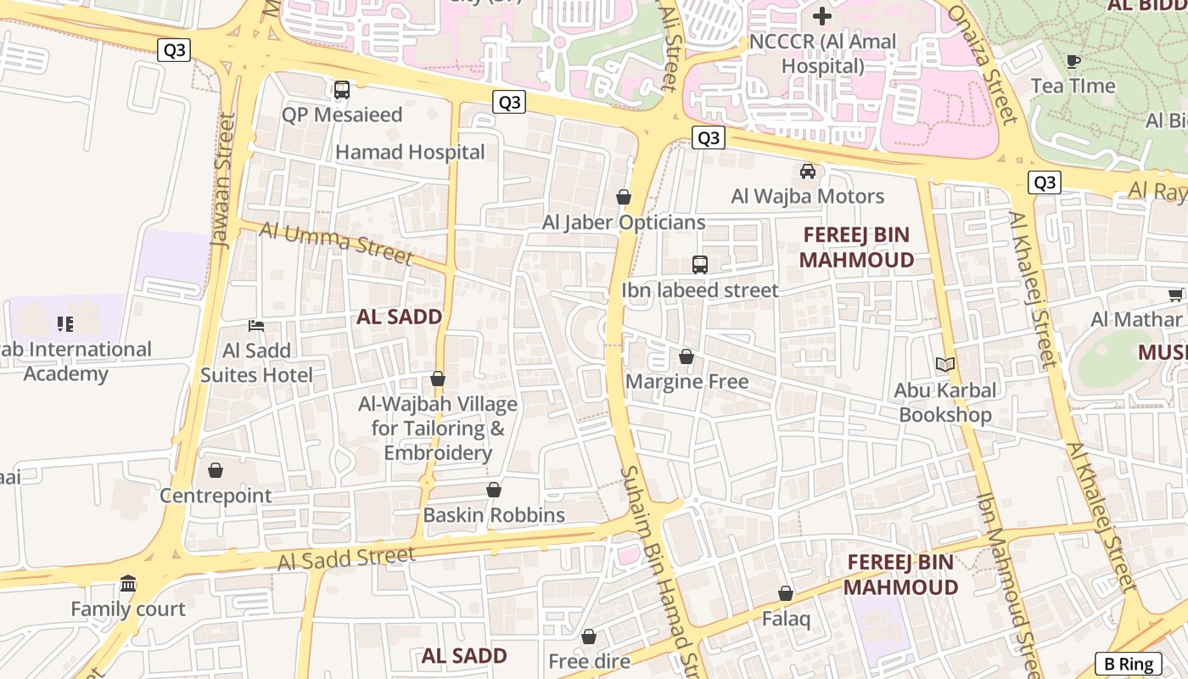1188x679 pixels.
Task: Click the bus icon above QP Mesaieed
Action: click(342, 90)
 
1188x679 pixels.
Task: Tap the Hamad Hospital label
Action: click(411, 153)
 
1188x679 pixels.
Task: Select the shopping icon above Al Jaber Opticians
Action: click(624, 198)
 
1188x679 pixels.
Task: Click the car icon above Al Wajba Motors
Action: click(808, 171)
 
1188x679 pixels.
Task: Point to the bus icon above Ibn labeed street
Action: click(700, 265)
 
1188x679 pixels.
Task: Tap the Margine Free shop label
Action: click(687, 382)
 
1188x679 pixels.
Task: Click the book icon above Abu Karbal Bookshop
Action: click(945, 365)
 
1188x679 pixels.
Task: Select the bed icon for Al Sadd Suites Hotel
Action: click(256, 326)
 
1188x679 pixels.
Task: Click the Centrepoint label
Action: click(216, 496)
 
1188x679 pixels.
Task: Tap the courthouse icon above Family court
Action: click(128, 584)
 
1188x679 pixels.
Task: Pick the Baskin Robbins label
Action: click(494, 515)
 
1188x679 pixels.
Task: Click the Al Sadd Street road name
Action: click(346, 558)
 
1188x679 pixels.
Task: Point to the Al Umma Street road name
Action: click(336, 243)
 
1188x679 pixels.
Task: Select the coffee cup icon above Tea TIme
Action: click(1073, 61)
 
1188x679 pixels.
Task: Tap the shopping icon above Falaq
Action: click(786, 594)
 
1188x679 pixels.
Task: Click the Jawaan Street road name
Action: click(222, 180)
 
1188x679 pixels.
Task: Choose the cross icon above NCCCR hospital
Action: click(821, 15)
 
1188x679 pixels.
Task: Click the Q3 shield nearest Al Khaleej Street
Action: click(1045, 182)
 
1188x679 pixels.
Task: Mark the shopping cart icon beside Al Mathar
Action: click(1175, 295)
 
